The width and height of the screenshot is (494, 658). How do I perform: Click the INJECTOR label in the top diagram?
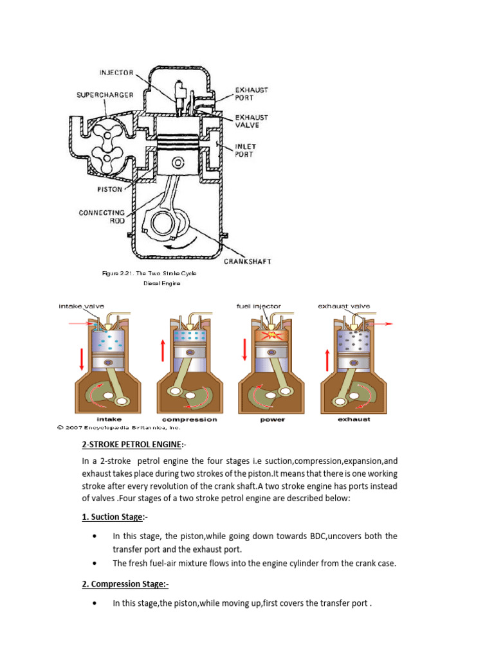(x=115, y=72)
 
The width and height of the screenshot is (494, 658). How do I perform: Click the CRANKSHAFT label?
(x=248, y=261)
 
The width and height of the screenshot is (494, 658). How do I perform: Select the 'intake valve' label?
(x=81, y=307)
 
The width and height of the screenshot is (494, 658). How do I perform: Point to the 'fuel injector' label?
(x=259, y=307)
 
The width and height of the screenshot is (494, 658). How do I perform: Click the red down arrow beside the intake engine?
(x=82, y=358)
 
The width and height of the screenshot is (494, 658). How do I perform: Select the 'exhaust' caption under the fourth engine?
(x=354, y=420)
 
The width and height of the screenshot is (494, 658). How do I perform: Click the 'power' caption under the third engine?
(x=272, y=420)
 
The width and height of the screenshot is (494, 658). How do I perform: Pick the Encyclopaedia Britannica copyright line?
(x=119, y=427)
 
